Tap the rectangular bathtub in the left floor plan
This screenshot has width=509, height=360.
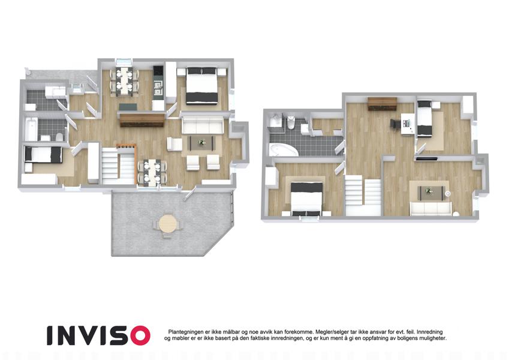[x=32, y=129]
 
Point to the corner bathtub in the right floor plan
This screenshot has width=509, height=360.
[x=282, y=151]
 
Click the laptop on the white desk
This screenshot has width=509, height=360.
[x=406, y=124]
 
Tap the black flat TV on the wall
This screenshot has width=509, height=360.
[x=427, y=159]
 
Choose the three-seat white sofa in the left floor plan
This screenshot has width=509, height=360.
[x=202, y=125]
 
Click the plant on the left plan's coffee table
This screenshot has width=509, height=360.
[x=202, y=142]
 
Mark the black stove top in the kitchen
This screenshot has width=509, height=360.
[x=158, y=70]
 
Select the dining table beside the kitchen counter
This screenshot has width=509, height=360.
[x=124, y=82]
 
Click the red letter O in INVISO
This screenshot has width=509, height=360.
[x=138, y=335]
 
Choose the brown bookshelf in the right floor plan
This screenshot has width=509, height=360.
[x=382, y=104]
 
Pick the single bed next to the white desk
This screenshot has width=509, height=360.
[x=424, y=118]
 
